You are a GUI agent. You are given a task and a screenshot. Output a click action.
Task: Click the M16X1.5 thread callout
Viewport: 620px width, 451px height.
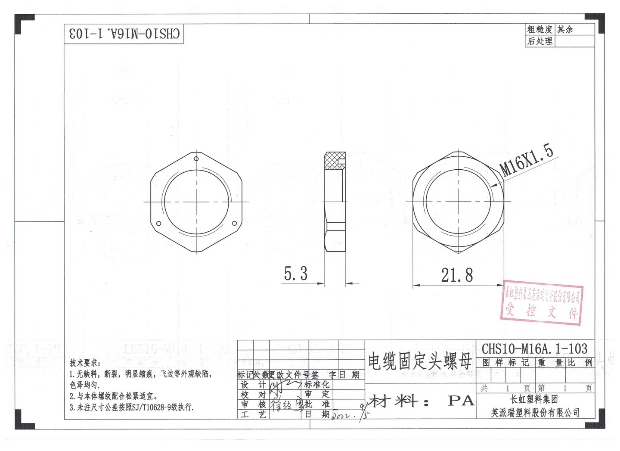tap(526, 160)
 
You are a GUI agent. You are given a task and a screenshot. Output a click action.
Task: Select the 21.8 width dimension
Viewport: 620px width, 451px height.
tap(457, 275)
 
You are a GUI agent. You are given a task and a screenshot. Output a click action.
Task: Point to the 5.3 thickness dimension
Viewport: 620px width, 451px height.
tap(296, 274)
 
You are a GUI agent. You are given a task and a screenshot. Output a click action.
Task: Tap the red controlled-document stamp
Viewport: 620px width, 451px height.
tap(542, 304)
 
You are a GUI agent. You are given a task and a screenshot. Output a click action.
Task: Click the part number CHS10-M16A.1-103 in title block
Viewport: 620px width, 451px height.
tap(534, 348)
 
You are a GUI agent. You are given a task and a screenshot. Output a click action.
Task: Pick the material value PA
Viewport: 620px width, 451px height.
tap(461, 401)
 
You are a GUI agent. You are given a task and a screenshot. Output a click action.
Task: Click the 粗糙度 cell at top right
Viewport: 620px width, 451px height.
tap(539, 29)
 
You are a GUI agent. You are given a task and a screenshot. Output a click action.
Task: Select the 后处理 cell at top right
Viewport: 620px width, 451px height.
tap(539, 41)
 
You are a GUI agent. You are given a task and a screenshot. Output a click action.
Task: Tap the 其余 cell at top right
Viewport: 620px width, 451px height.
tap(565, 29)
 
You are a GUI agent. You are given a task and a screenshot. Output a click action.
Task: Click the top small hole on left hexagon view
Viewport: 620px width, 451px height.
tap(196, 159)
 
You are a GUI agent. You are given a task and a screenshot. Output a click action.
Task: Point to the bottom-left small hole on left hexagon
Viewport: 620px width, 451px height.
tap(158, 223)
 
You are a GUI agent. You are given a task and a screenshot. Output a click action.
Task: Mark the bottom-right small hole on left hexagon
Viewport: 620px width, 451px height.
tap(234, 223)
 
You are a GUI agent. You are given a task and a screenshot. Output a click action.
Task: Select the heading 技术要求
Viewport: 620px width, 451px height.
tap(85, 363)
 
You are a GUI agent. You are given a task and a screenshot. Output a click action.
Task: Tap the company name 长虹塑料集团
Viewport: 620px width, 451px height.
tap(534, 399)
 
